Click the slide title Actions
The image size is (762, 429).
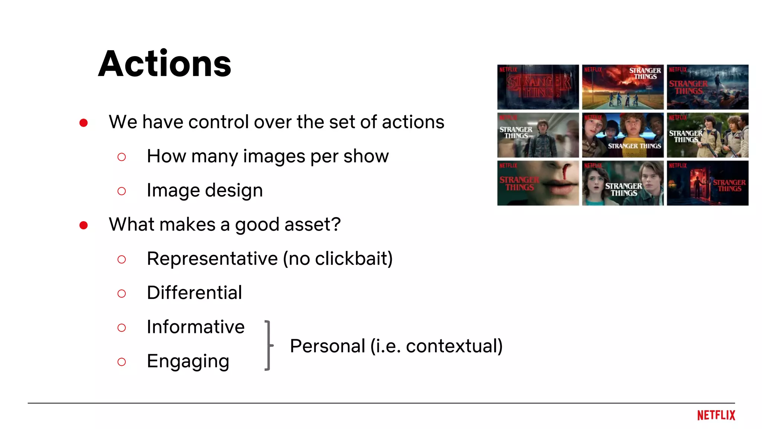click(x=164, y=64)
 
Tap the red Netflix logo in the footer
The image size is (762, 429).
click(x=716, y=415)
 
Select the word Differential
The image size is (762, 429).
click(x=194, y=293)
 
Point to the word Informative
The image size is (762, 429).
click(x=196, y=327)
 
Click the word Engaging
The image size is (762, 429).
click(x=188, y=361)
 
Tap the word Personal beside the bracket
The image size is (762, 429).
click(x=327, y=346)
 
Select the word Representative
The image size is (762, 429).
click(x=212, y=258)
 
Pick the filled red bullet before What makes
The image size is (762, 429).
click(x=83, y=225)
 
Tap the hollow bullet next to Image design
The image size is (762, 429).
click(x=121, y=191)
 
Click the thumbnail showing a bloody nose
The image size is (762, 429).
click(x=538, y=183)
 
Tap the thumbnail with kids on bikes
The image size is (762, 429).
click(x=623, y=87)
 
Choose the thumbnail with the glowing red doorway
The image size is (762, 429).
click(x=707, y=183)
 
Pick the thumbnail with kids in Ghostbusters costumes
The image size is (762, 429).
click(x=707, y=135)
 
